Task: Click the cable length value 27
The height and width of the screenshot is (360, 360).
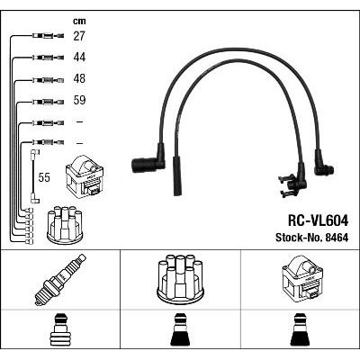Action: click(x=79, y=36)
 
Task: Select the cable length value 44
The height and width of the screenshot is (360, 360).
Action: click(x=79, y=57)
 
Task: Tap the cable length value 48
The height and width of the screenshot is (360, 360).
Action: click(x=79, y=78)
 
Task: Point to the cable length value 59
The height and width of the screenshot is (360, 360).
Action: click(x=79, y=100)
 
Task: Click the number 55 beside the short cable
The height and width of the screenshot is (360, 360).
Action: click(x=44, y=177)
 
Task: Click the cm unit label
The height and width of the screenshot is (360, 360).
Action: click(x=79, y=21)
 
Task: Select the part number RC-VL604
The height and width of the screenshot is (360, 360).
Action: click(x=318, y=221)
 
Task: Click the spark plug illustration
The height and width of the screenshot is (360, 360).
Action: click(x=60, y=280)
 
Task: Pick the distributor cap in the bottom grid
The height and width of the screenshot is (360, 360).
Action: click(x=180, y=279)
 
